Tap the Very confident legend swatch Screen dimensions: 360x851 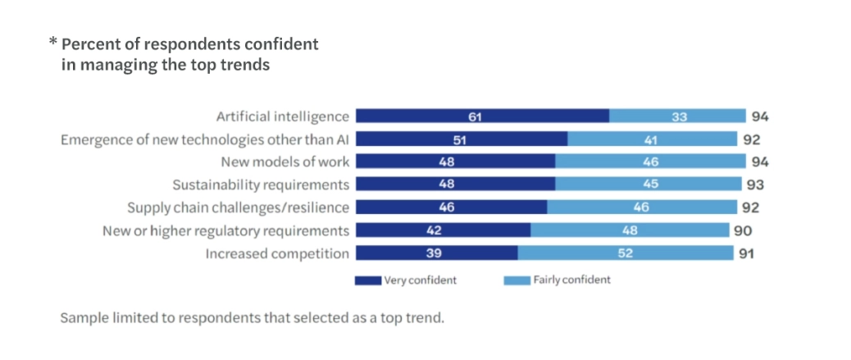click(367, 280)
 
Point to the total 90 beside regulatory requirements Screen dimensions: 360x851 click(743, 230)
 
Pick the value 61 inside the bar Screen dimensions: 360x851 click(475, 116)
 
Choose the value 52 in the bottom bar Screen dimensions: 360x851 click(626, 253)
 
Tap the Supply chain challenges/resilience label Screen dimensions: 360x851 click(238, 207)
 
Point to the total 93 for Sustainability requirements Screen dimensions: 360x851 click(756, 185)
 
